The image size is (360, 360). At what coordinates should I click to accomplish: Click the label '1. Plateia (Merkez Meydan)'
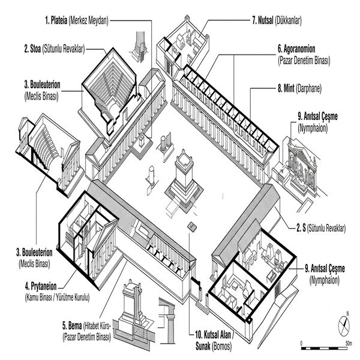point(77,20)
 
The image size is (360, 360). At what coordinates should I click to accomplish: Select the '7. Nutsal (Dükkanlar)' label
point(277,20)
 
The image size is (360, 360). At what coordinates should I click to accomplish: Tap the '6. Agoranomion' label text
point(296,49)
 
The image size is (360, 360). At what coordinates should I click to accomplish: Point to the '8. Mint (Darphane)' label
point(299,88)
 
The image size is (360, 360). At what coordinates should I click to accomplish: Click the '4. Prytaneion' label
point(41,286)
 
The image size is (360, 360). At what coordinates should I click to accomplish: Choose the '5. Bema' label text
point(72,326)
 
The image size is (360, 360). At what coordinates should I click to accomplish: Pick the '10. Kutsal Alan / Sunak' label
point(214,341)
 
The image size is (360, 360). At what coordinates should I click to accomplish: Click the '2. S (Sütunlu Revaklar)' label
point(321,228)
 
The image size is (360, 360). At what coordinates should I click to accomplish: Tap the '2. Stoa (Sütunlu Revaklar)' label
point(55,49)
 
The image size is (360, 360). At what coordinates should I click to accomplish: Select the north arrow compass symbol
point(344,326)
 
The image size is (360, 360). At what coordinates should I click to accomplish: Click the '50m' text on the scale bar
point(349,343)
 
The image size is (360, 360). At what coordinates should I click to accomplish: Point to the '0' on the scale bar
point(301,343)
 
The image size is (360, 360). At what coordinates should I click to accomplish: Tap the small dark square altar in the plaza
point(192,227)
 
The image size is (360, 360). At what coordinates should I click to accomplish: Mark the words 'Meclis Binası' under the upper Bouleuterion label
point(41,96)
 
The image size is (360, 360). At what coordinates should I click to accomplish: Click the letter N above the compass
point(347,314)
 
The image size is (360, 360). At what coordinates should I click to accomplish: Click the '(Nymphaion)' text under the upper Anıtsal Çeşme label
point(313,128)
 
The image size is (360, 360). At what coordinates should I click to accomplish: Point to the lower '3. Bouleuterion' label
point(34,253)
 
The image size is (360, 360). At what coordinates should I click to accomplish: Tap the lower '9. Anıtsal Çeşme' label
point(325,268)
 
